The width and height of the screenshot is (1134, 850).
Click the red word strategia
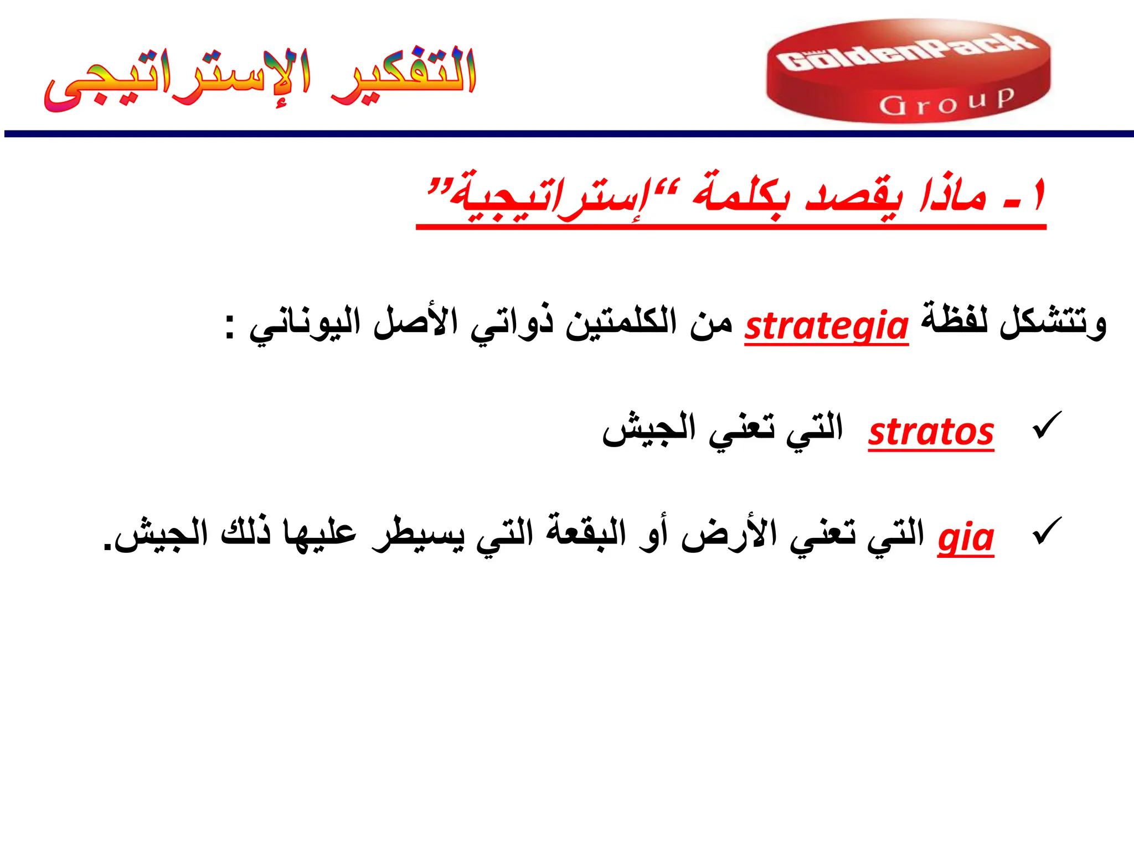pos(826,326)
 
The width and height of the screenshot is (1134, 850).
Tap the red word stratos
pos(931,432)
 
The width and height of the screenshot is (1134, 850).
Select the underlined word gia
pos(966,537)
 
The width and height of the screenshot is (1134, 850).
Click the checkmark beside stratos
pos(1047,426)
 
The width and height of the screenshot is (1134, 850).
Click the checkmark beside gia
pos(1047,531)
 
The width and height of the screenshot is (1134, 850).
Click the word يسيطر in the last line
pos(417,534)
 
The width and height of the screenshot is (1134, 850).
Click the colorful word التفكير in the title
pos(404,75)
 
